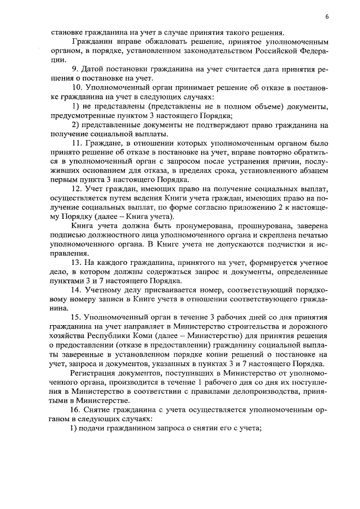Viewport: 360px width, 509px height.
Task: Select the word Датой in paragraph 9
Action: coord(95,69)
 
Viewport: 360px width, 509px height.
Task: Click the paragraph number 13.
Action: coord(76,263)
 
